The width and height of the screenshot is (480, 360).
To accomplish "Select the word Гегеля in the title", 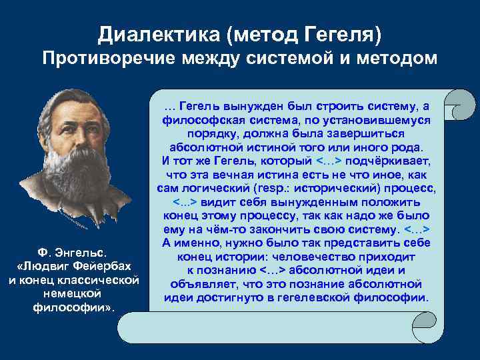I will (351, 33).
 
